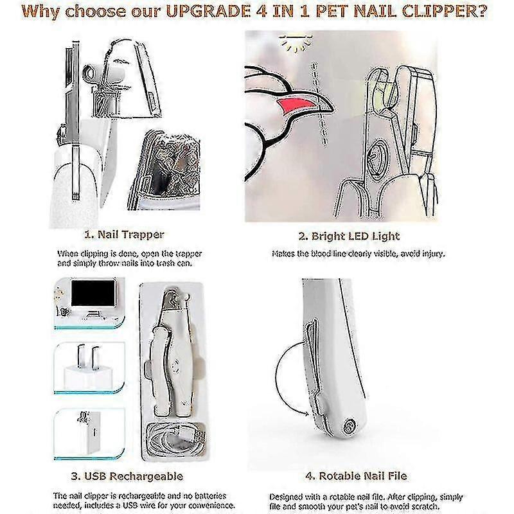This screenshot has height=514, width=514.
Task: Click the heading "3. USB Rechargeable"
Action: [127, 476]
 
